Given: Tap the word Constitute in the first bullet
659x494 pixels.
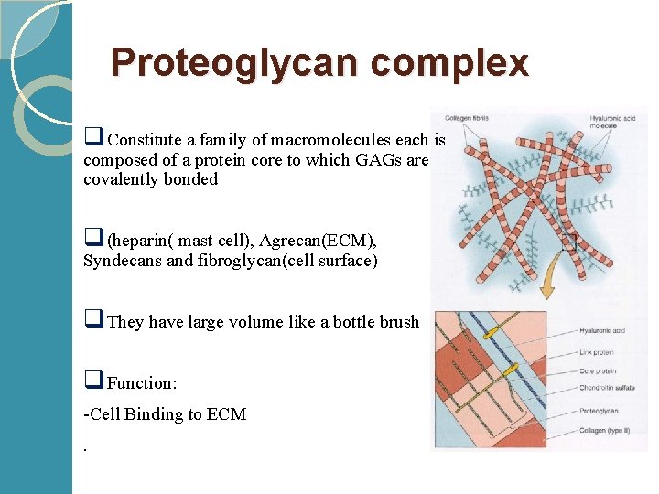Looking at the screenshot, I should (146, 141).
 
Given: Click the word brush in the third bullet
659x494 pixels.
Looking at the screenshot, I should (396, 322).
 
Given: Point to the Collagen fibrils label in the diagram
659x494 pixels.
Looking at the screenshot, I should (464, 118).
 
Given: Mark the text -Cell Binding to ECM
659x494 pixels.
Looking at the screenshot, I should (165, 414).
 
